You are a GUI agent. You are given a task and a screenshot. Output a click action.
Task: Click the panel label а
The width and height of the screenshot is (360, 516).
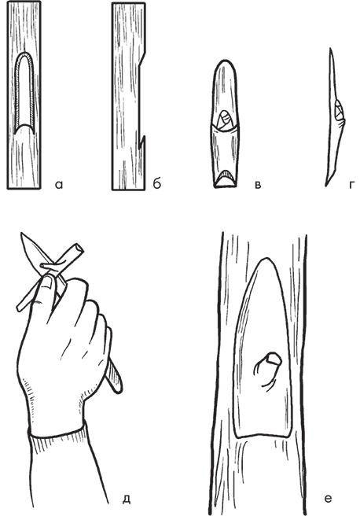coord(59,186)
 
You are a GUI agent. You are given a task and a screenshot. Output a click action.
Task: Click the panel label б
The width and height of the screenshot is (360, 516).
coord(157,183)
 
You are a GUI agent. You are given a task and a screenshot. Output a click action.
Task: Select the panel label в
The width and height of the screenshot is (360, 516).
coord(258,186)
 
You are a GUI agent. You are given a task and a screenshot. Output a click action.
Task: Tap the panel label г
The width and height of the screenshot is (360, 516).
coord(352,186)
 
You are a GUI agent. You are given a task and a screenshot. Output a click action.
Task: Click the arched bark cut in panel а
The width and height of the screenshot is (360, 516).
coord(25,93)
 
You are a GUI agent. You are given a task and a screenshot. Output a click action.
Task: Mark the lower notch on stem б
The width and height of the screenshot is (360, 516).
coord(141,141)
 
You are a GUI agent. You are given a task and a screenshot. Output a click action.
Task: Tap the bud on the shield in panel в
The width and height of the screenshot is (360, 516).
coord(225,119)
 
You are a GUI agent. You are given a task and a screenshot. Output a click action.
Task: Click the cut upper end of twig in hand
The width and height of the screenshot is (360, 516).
coord(79,247)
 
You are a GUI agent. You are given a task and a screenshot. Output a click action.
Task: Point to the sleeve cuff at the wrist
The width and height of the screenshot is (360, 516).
coord(58,432)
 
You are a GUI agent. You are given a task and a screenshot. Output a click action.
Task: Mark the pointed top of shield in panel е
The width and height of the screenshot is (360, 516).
coord(265,260)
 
